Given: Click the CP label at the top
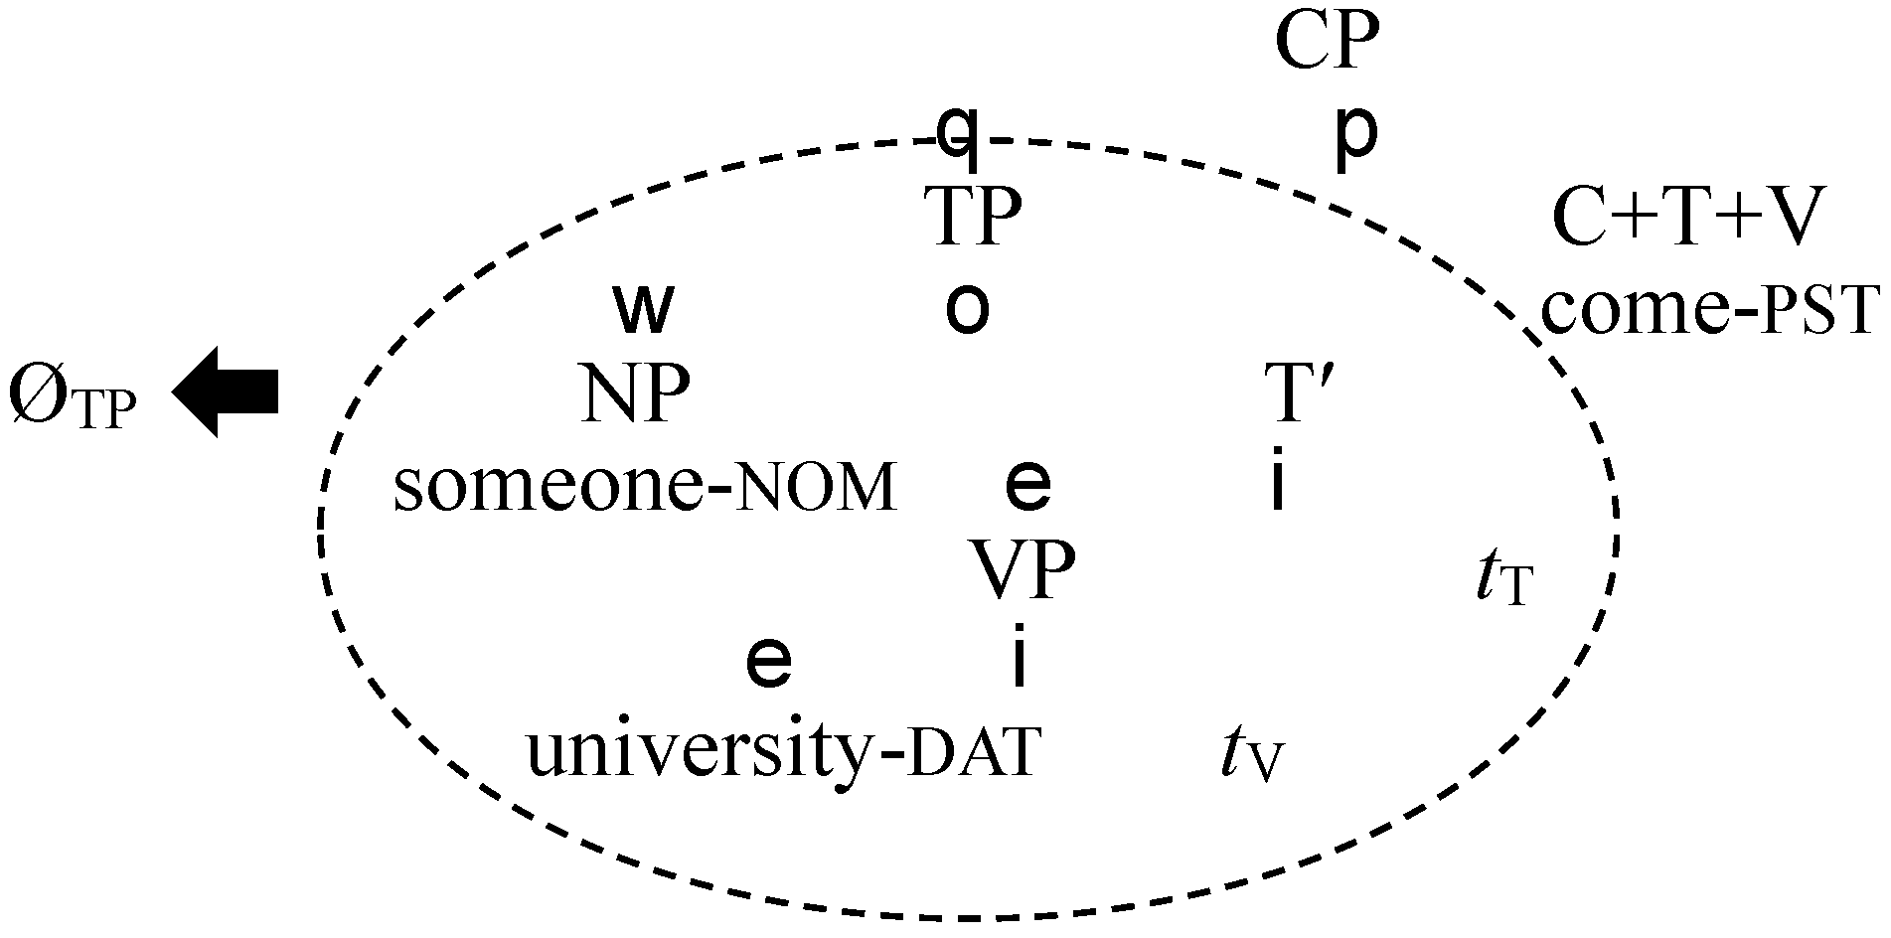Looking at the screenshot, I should tap(1327, 43).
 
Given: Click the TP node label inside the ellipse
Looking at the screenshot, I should tap(973, 218).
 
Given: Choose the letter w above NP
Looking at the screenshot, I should tap(644, 309).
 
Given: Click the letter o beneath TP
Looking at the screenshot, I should tap(967, 309).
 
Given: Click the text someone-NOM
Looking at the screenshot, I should tap(645, 488).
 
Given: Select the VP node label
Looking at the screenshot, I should tap(1023, 572).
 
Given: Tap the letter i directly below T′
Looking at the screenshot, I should tap(1279, 482).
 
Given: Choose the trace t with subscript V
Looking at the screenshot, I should tap(1251, 759).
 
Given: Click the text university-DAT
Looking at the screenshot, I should tap(782, 752).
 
